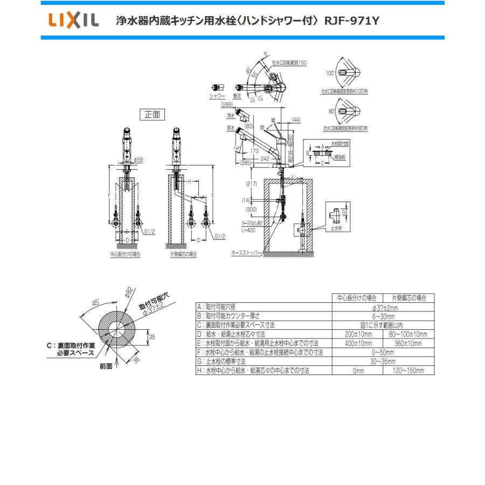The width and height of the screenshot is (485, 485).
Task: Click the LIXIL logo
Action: tap(74, 21)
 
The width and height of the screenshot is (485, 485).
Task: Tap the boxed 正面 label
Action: tap(153, 114)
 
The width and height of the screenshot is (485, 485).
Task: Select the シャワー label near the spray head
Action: tap(218, 95)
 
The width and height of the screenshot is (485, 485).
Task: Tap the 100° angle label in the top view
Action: tap(330, 71)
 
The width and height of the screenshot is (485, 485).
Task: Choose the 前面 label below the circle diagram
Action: tap(106, 365)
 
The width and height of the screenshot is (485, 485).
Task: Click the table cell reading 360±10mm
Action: tap(408, 343)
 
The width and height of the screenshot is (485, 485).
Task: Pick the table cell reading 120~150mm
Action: tap(408, 371)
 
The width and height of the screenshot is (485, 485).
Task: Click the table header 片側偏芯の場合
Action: tap(408, 297)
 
